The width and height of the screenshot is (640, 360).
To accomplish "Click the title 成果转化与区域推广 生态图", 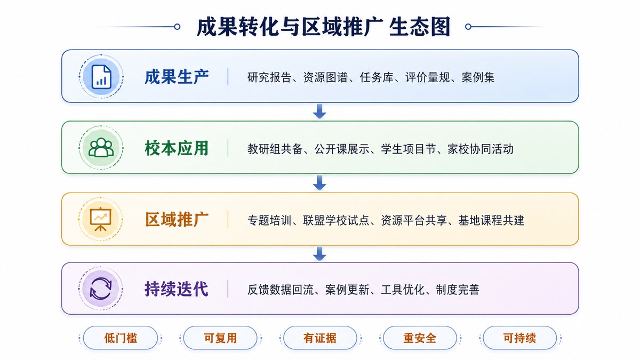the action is click(323, 27).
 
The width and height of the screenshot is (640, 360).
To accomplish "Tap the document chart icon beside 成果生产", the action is click(101, 77).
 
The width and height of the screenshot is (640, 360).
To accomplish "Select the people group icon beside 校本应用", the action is click(101, 148).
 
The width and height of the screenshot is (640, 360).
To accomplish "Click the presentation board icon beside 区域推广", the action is click(101, 219).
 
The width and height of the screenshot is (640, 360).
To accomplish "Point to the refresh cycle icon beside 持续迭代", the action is click(101, 289).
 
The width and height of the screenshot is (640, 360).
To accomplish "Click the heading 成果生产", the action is click(177, 77).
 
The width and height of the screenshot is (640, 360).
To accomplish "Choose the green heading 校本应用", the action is click(177, 148).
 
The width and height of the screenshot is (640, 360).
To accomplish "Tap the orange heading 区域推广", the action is click(177, 219).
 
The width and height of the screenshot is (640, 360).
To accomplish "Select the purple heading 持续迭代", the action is click(177, 289).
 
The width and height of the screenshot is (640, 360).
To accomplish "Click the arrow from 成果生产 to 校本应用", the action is click(319, 111).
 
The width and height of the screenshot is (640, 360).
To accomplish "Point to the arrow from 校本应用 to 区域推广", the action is click(319, 183).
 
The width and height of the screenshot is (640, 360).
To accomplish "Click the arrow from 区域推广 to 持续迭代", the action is click(319, 254).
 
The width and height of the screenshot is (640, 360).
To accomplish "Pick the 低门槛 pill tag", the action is click(121, 338).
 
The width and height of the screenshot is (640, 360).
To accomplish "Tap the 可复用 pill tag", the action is click(220, 338).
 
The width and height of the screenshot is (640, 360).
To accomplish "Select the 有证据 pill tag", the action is click(320, 338).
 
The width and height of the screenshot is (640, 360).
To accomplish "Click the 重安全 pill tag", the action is click(420, 338).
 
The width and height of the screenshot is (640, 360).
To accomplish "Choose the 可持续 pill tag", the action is click(519, 338).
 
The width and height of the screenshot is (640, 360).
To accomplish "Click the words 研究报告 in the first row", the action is click(269, 77).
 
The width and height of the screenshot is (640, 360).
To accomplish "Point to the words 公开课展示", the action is click(342, 149).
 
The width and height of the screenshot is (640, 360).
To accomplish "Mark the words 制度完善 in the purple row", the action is click(458, 290).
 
